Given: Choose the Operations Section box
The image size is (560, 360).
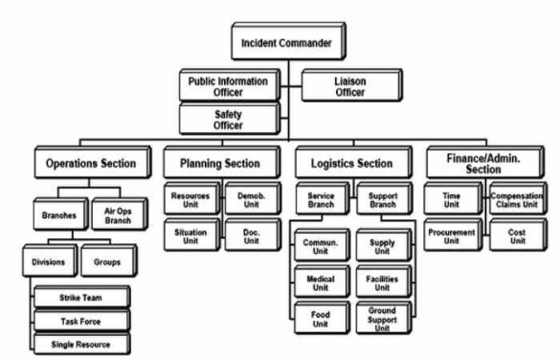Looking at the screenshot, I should (91, 164).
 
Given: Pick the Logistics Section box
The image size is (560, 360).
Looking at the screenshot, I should (345, 164).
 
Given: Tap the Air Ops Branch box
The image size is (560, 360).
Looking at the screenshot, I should (118, 216).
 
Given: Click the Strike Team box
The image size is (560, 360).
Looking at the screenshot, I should (80, 298).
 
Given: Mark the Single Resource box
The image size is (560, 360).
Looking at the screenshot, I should (80, 342).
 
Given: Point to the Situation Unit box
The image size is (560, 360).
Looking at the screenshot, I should (190, 235).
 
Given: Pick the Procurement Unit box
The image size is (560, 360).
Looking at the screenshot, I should (451, 235).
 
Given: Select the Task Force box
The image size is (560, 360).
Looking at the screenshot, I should (80, 320).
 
